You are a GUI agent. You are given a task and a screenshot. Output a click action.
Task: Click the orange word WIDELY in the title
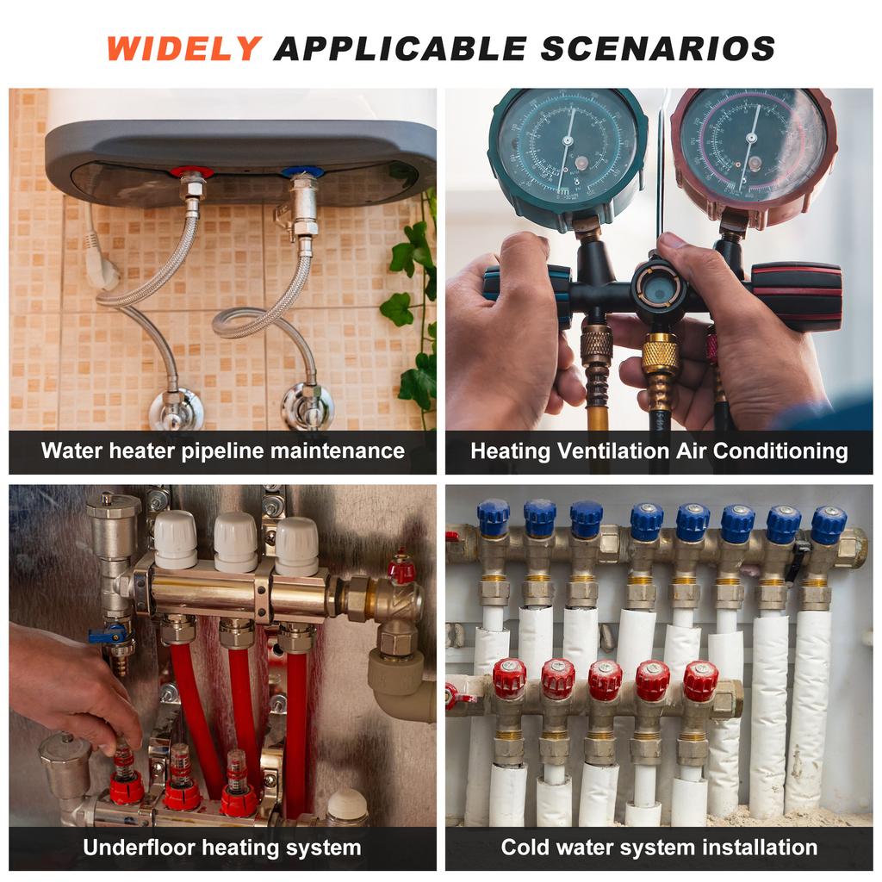tap(184, 48)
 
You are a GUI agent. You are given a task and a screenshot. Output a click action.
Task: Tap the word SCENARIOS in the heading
tap(658, 48)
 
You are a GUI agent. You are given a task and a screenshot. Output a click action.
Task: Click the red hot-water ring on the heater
tap(191, 171)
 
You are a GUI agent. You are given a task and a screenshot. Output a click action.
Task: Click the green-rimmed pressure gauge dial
tap(568, 149)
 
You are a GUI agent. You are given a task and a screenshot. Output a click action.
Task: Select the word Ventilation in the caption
tap(613, 451)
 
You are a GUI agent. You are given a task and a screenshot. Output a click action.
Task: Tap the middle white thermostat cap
tap(236, 542)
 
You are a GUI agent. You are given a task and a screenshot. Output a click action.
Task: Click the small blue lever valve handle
tap(108, 634)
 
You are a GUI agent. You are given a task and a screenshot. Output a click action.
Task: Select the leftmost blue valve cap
tap(494, 518)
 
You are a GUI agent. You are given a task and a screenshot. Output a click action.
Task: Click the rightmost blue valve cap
tap(828, 525)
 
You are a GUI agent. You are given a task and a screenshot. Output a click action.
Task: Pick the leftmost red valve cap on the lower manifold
tap(509, 679)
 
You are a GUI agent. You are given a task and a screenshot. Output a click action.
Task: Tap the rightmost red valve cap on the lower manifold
tap(701, 680)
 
